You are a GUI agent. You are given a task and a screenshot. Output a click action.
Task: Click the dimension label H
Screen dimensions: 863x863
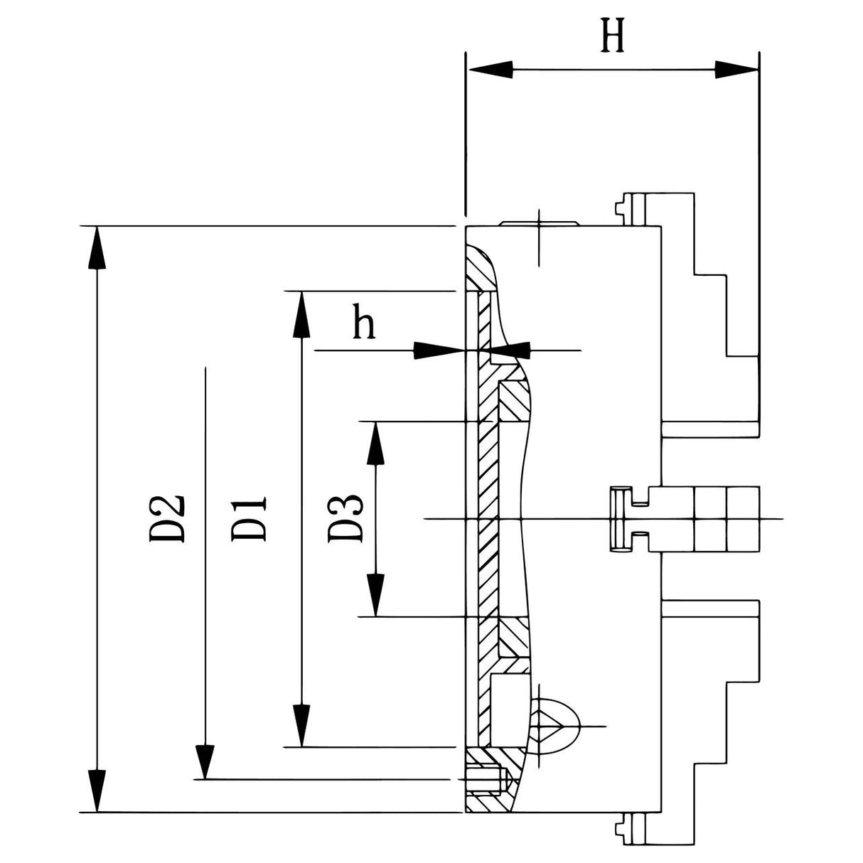pos(613,37)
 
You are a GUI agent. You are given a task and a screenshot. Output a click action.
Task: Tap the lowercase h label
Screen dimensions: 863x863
pos(363,324)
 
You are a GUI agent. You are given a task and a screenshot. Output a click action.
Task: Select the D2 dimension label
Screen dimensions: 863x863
pos(168,519)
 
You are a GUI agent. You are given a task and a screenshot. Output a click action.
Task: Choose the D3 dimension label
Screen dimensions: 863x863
pos(346,519)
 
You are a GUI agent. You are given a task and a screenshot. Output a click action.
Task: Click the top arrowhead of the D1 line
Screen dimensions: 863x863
pos(302,313)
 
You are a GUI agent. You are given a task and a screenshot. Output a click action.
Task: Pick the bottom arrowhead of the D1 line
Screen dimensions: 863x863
pos(302,725)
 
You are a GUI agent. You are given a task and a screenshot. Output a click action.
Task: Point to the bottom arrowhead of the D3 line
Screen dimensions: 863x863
pos(375,594)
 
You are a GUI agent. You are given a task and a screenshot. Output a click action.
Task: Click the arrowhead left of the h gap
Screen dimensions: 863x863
pos(437,350)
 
